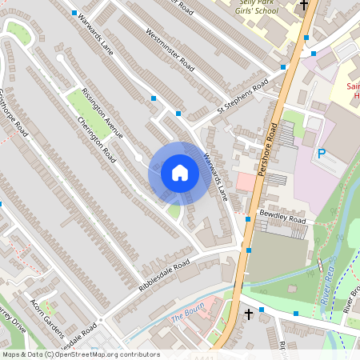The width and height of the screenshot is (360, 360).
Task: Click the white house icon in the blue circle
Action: point(179,173)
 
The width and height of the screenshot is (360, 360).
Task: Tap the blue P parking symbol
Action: point(322,154)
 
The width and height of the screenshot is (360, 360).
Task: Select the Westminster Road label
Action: point(170,49)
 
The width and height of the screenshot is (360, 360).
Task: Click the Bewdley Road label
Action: point(282,218)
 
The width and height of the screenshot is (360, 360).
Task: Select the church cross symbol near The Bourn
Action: point(248,314)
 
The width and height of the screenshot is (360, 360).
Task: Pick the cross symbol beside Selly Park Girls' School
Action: point(303,6)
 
